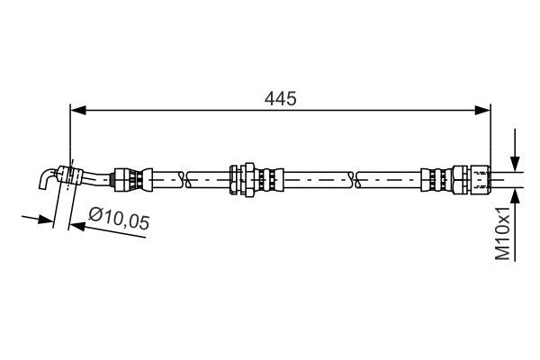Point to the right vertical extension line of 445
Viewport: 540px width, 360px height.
pos(490,135)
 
